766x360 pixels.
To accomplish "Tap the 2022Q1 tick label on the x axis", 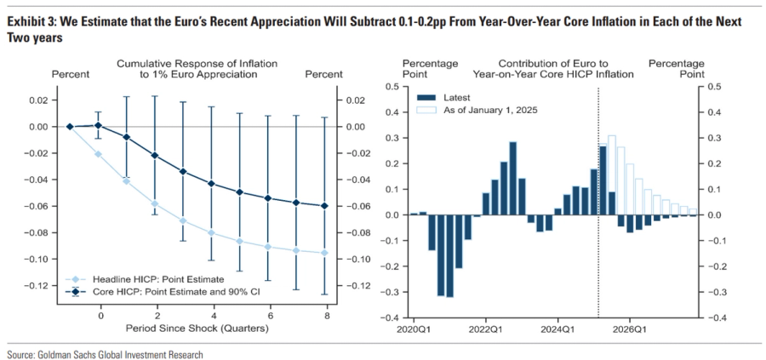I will pyautogui.click(x=484, y=328).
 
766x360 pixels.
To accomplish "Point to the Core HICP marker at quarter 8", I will pyautogui.click(x=324, y=206).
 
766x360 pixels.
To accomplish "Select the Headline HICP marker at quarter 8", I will pyautogui.click(x=324, y=253).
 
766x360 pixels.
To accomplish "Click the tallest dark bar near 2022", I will pyautogui.click(x=513, y=178).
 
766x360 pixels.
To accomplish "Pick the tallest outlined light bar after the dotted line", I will pyautogui.click(x=611, y=174).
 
